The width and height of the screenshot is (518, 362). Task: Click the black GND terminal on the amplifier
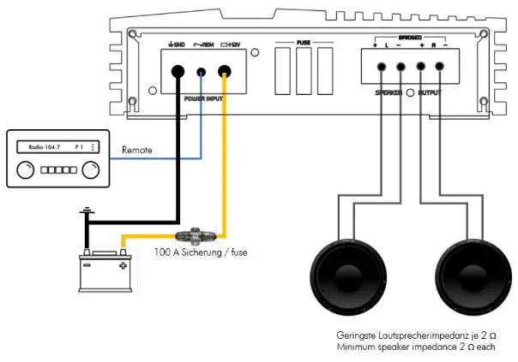[178, 73]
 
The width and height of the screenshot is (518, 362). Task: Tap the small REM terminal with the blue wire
[202, 74]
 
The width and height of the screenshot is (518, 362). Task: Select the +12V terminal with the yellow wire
[226, 73]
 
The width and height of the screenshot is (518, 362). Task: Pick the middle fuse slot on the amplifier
[304, 69]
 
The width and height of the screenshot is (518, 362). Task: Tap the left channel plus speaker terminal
[376, 67]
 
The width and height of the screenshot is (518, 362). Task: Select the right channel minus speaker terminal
[438, 67]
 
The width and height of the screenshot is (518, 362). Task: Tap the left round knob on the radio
[27, 169]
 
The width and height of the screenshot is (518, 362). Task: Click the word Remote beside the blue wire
[137, 150]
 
